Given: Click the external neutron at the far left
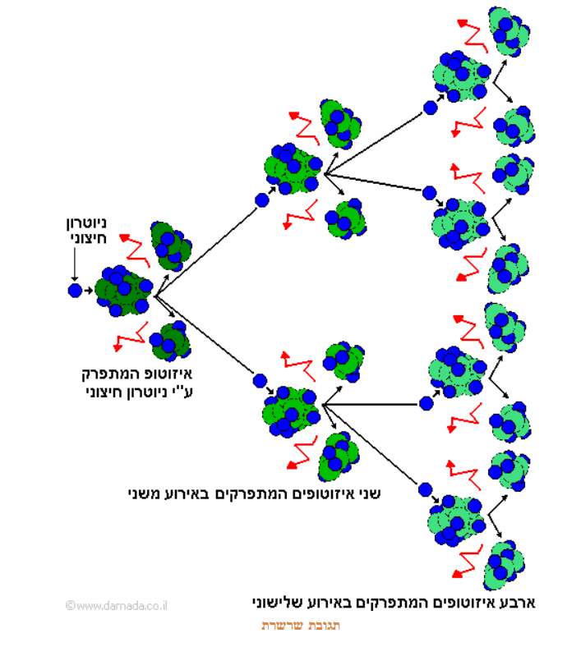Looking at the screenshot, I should [x=75, y=290].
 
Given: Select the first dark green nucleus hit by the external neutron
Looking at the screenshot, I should [x=123, y=291].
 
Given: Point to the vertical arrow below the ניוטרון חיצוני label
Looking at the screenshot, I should [x=74, y=264].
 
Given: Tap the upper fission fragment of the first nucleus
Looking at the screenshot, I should [x=169, y=245].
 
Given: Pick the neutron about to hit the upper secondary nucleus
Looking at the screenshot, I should [x=262, y=200].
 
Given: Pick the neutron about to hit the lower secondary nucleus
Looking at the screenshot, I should [x=261, y=381].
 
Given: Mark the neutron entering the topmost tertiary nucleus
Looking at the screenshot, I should [x=430, y=107].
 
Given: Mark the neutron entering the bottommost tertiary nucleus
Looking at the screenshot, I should [x=425, y=489].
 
